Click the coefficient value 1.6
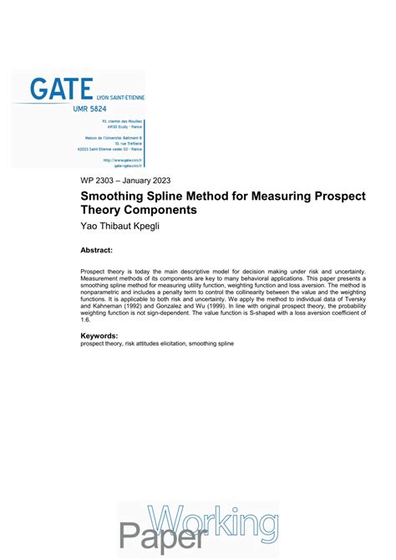(85, 319)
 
